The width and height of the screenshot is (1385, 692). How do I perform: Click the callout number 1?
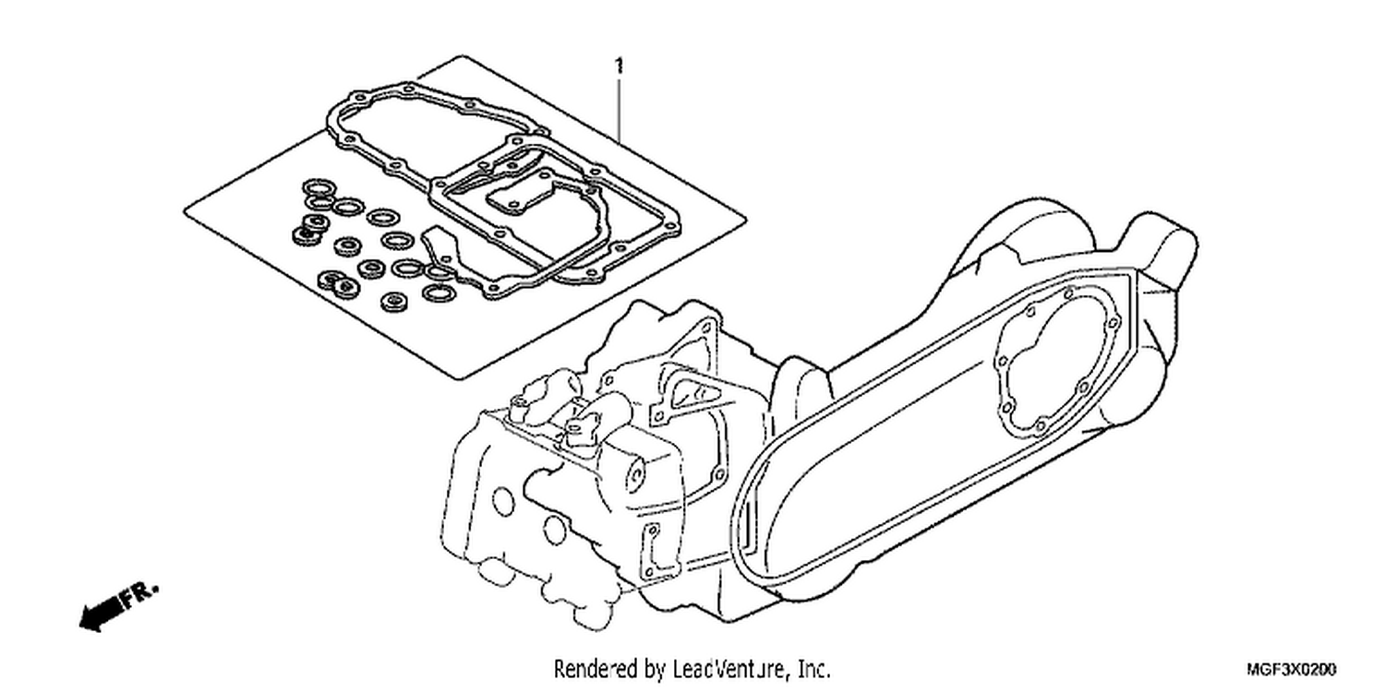click(619, 66)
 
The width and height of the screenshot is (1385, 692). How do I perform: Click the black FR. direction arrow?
click(101, 614)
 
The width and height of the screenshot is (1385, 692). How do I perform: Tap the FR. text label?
click(140, 594)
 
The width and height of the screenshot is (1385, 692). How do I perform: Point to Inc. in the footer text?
click(813, 669)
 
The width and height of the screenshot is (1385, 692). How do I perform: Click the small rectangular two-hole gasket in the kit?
click(510, 201)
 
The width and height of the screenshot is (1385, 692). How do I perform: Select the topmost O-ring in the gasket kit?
click(318, 186)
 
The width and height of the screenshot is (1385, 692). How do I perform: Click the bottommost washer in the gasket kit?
click(393, 302)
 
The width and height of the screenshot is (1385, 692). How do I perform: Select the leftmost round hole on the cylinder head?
click(503, 502)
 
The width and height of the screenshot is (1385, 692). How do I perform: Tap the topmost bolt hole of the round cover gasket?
click(1069, 292)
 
